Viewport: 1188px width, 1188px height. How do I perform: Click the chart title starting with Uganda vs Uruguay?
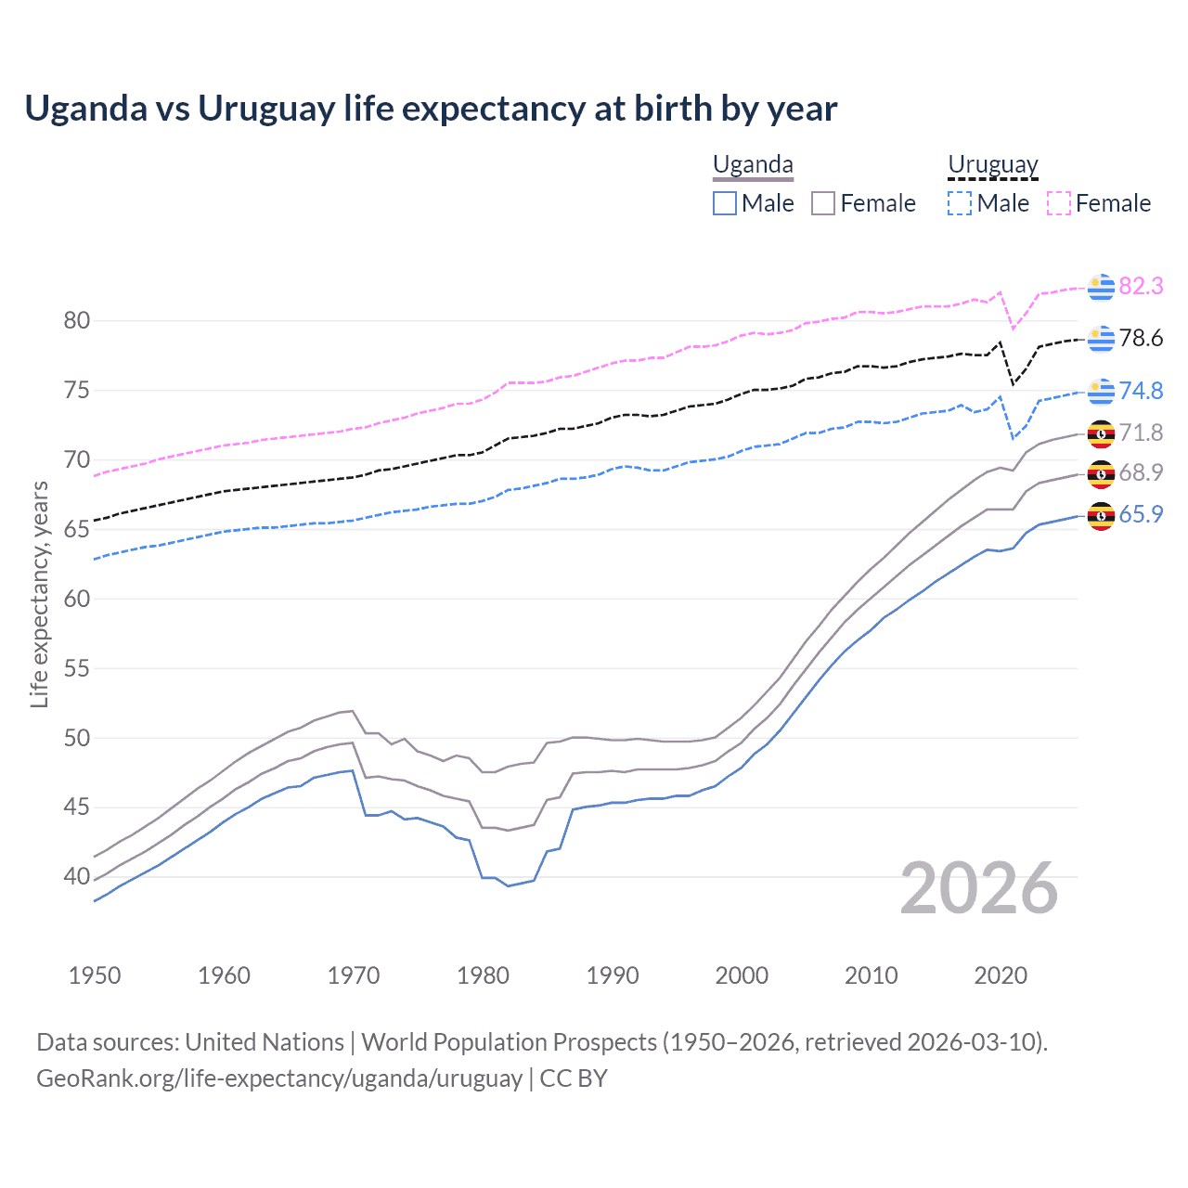tap(431, 109)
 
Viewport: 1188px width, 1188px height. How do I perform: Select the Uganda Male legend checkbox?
tap(725, 203)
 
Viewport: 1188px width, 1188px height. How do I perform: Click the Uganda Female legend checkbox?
tap(823, 203)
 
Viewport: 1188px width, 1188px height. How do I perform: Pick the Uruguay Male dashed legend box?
tap(960, 203)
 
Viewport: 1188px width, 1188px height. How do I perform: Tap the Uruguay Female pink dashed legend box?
tap(1058, 203)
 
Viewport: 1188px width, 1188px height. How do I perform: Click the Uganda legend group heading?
tap(753, 165)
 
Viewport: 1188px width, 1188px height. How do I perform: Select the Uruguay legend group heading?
tap(992, 165)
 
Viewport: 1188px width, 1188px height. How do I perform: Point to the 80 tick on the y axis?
tap(77, 321)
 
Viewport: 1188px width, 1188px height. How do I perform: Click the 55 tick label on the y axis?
tap(77, 668)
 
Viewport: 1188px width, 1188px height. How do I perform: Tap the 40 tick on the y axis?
tap(77, 876)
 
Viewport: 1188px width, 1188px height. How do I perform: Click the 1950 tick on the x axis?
tap(95, 975)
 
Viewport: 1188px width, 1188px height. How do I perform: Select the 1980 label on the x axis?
tap(483, 975)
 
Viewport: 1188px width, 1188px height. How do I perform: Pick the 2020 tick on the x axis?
tap(1001, 975)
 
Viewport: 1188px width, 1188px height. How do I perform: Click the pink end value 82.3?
tap(1141, 287)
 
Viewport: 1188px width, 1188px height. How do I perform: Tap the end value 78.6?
tap(1141, 339)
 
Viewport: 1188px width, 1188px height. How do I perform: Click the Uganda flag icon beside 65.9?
tap(1101, 515)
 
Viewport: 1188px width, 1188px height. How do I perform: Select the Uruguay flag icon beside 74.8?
tap(1101, 392)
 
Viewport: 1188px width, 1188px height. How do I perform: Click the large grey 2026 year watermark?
tap(979, 888)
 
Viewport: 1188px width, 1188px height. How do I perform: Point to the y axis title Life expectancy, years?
tap(39, 594)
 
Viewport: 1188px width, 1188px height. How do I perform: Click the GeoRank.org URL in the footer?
tap(279, 1078)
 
